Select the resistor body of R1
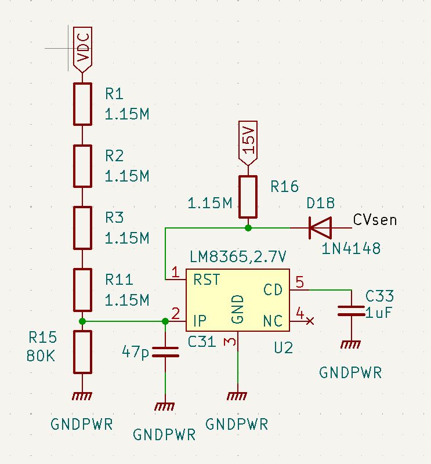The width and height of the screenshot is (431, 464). (x=83, y=104)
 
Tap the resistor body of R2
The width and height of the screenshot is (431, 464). (x=83, y=166)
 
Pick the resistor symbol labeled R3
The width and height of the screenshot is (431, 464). (x=83, y=227)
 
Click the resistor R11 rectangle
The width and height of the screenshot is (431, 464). (x=83, y=289)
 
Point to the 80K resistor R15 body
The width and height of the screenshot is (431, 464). (x=83, y=351)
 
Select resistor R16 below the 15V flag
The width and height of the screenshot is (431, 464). (x=248, y=197)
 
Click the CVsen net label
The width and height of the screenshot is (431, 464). (x=375, y=220)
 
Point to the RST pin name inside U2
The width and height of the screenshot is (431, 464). (x=207, y=280)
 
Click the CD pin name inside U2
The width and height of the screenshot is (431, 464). (x=273, y=289)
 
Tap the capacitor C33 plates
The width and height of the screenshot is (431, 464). (x=350, y=311)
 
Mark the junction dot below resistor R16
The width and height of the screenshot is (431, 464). (x=248, y=228)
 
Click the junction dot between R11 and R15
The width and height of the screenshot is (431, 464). (x=83, y=321)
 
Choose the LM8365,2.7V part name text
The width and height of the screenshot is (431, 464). (x=238, y=256)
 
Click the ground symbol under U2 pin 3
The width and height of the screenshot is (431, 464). (x=237, y=397)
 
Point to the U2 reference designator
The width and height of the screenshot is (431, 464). (x=284, y=348)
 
